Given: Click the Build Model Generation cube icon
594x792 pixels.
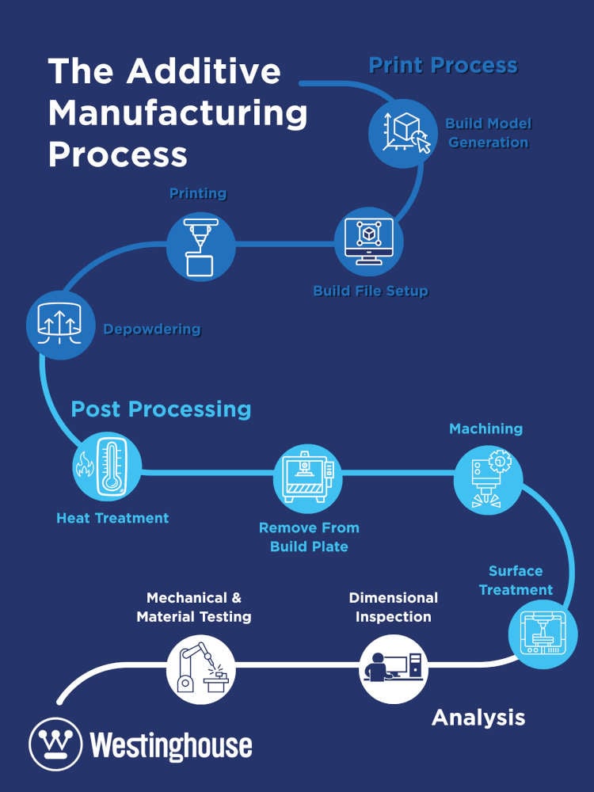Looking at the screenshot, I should coord(402,133).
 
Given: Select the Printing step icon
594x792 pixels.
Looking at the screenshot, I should coord(200,246).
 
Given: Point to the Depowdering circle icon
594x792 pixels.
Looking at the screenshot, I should coord(61,326).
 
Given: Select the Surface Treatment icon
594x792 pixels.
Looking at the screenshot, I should coord(542,634).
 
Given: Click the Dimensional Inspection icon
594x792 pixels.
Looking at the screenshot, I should coord(394,668).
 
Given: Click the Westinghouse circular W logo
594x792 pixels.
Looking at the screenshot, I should coord(56,744).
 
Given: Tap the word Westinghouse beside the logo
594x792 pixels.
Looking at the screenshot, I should coord(171,745).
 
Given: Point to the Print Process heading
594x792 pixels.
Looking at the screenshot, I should coord(443,65).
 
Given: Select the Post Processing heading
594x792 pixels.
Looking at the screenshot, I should coord(161,409).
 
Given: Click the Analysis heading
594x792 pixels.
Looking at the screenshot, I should coord(478,717).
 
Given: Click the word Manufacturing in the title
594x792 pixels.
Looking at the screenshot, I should coord(178,112).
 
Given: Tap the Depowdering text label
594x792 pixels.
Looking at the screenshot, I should coord(152,329).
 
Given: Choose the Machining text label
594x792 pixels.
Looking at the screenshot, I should coord(485,428).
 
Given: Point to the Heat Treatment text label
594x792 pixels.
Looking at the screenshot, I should coord(112,518).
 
